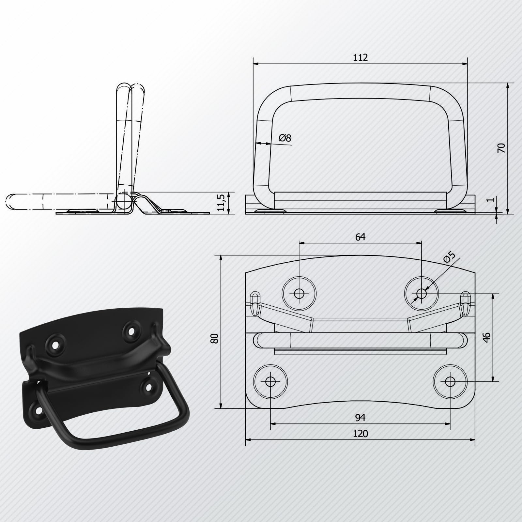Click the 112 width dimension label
tap(360, 58)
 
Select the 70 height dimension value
tap(502, 148)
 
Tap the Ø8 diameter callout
tap(285, 138)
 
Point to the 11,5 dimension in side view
tap(222, 203)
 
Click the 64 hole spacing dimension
tap(360, 237)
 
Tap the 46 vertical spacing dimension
tap(486, 337)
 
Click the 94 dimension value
tap(360, 417)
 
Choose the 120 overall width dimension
tap(360, 434)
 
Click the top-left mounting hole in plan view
tap(299, 293)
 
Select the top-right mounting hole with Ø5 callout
tap(422, 293)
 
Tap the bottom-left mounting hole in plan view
tap(270, 381)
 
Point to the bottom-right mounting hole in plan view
tap(450, 381)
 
